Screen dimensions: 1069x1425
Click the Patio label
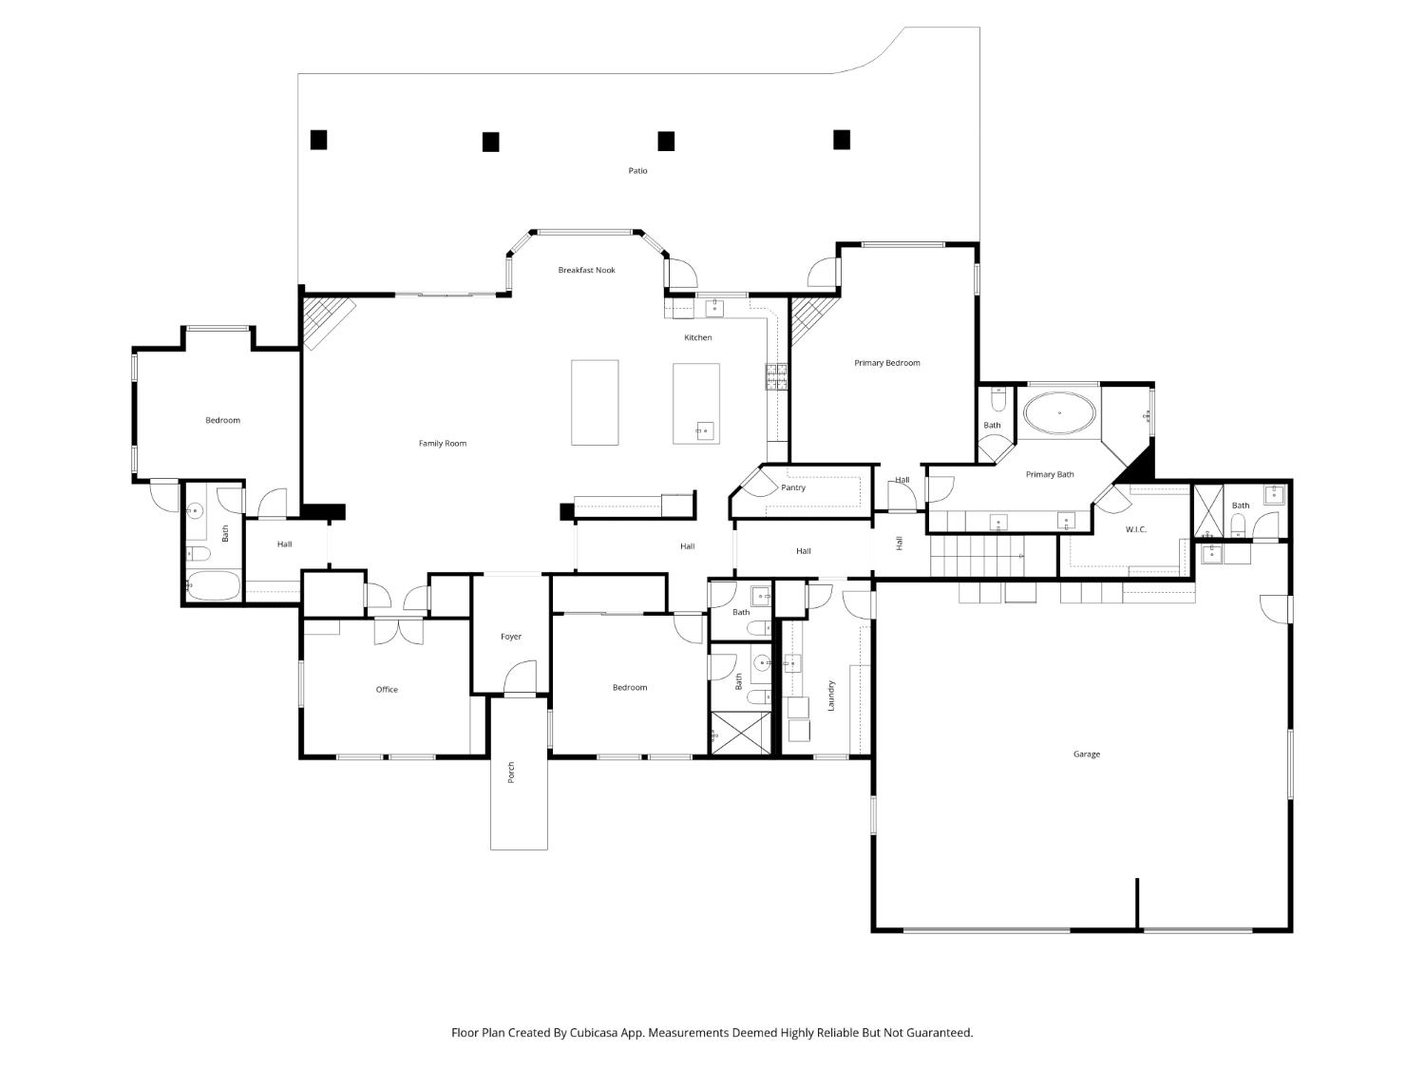pyautogui.click(x=637, y=171)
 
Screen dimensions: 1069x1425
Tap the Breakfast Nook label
pyautogui.click(x=586, y=271)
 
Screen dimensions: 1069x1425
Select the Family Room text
pyautogui.click(x=443, y=444)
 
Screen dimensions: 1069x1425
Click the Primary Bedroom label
pyautogui.click(x=886, y=363)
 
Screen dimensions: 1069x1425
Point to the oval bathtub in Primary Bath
pyautogui.click(x=1059, y=413)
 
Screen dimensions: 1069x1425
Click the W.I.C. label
pyautogui.click(x=1136, y=529)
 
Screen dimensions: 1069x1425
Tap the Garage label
pyautogui.click(x=1087, y=754)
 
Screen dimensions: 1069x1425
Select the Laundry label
pyautogui.click(x=831, y=695)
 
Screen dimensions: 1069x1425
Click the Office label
pyautogui.click(x=387, y=690)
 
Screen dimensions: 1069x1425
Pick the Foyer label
pyautogui.click(x=511, y=638)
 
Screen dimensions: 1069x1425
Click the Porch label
pyautogui.click(x=511, y=772)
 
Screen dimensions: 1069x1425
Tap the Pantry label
pyautogui.click(x=793, y=488)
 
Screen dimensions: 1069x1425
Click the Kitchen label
pyautogui.click(x=698, y=338)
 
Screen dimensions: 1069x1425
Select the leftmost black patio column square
pyautogui.click(x=319, y=140)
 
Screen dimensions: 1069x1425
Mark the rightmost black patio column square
pyautogui.click(x=842, y=140)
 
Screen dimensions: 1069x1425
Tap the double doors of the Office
pyautogui.click(x=399, y=631)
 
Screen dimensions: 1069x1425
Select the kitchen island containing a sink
pyautogui.click(x=696, y=404)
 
